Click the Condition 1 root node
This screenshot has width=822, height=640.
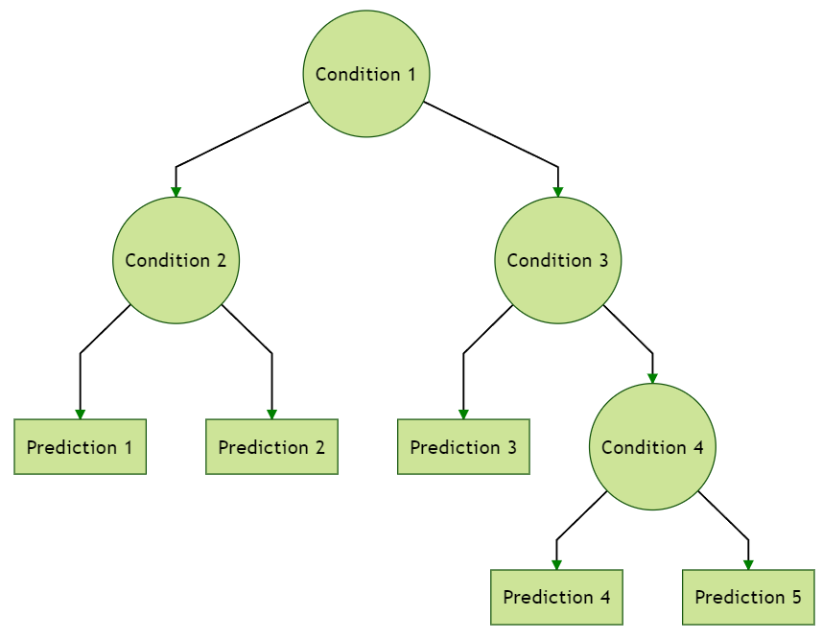[x=366, y=74]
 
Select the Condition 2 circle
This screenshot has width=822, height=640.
[x=176, y=260]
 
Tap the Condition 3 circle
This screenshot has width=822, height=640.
[x=558, y=260]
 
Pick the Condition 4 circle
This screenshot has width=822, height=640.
[x=652, y=447]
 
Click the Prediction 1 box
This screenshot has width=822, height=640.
[x=80, y=447]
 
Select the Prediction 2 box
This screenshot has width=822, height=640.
[x=271, y=447]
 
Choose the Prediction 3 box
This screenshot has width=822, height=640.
[x=463, y=447]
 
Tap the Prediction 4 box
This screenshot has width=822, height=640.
[x=556, y=597]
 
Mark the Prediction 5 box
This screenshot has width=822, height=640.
[x=748, y=597]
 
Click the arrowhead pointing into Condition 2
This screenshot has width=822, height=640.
[x=176, y=192]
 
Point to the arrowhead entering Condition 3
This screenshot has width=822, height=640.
[x=558, y=192]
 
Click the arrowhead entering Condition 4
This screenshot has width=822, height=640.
[x=652, y=378]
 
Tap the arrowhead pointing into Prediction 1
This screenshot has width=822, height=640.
[x=80, y=414]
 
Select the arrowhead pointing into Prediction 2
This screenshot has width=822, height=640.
[x=271, y=414]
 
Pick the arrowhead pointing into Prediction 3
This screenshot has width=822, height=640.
[x=463, y=414]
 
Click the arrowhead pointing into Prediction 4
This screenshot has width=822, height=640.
[x=556, y=564]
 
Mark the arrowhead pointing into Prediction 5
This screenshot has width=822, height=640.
[x=748, y=564]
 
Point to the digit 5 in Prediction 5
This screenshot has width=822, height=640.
[x=795, y=597]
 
